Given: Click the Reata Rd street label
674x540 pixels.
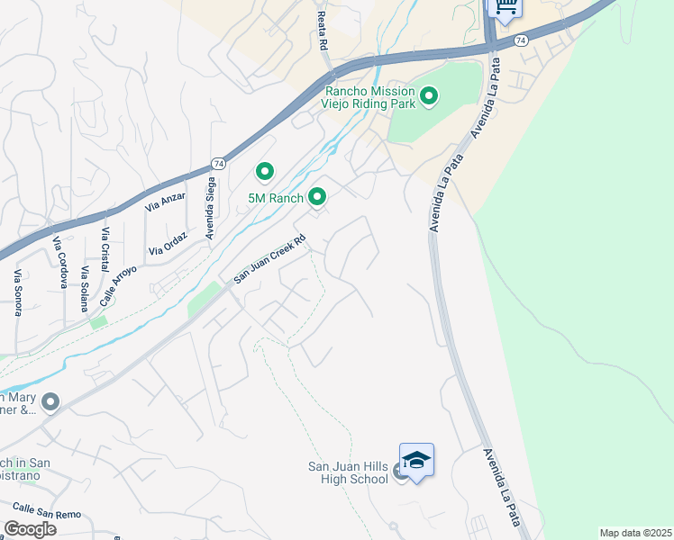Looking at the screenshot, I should coord(322,31).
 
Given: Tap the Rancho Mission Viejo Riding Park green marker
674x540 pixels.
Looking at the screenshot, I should coord(429,94).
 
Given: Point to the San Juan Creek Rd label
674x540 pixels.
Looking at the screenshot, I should coord(270,261).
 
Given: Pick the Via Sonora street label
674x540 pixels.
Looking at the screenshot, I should coord(17,292).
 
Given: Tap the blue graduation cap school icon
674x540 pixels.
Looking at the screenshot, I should coord(416,461).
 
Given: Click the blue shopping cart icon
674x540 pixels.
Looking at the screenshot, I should coord(505,6).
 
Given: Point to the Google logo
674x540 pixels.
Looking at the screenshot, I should coord(30,528).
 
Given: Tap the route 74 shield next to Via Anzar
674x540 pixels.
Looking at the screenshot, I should coord(218,163).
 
